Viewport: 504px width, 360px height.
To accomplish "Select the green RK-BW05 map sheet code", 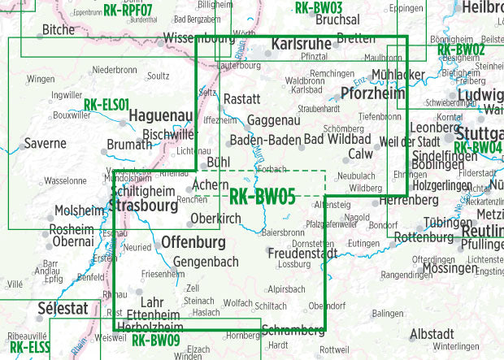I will pos(262,196).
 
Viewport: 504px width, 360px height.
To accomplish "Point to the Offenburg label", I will pos(193,242).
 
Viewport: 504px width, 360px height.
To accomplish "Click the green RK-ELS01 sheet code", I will pos(106,105).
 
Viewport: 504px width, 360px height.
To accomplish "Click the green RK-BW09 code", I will pos(155,340).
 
